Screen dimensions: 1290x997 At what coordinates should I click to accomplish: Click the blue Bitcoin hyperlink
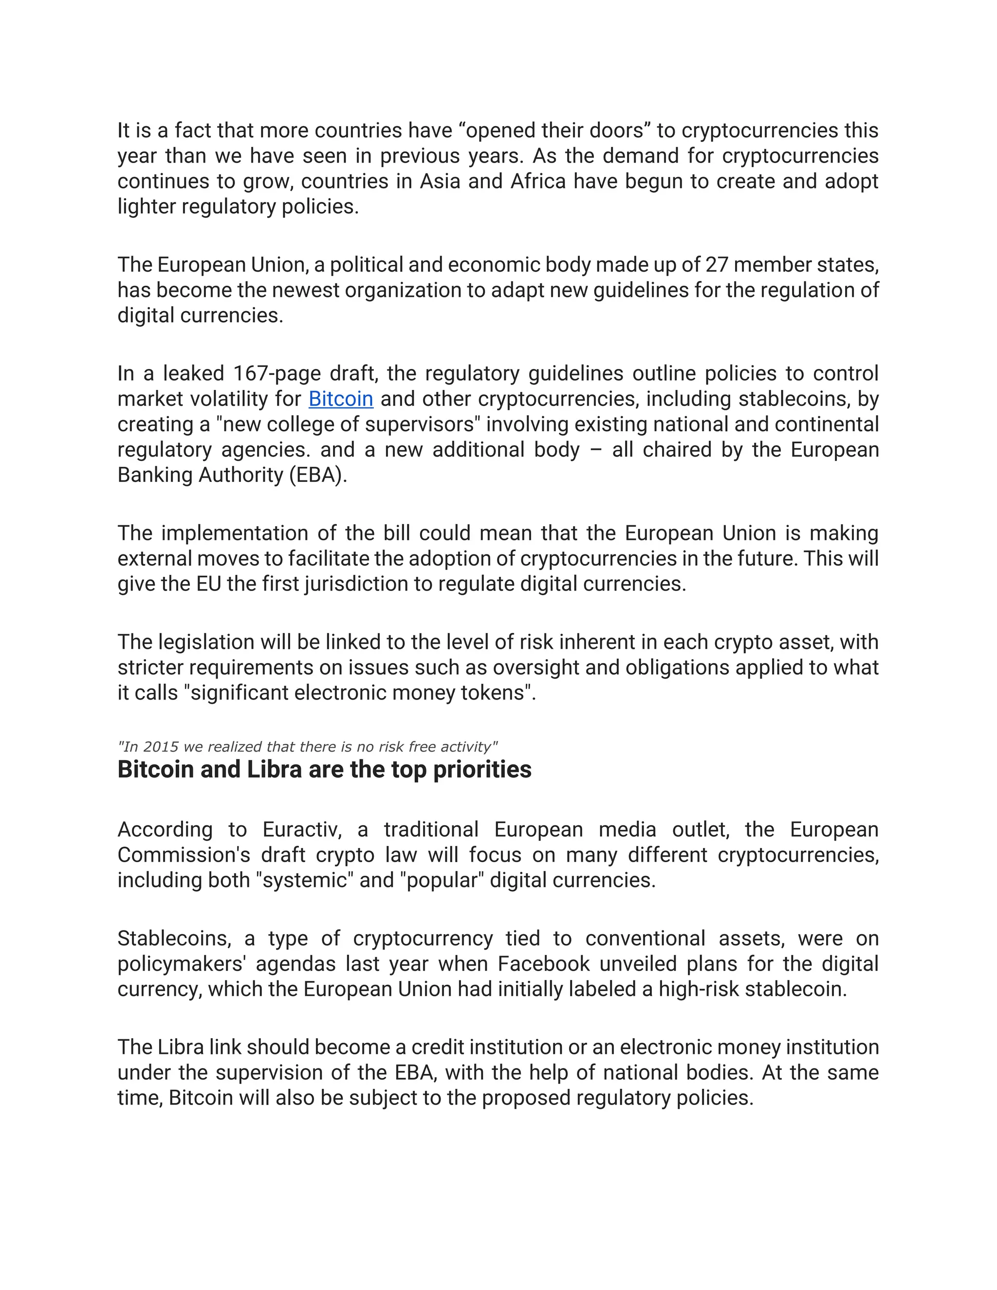pyautogui.click(x=341, y=399)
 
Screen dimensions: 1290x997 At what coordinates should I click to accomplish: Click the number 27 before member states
pyautogui.click(x=717, y=265)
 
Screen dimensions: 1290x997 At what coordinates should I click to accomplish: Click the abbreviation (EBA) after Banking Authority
pyautogui.click(x=318, y=476)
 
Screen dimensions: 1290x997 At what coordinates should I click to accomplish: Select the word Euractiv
pyautogui.click(x=302, y=830)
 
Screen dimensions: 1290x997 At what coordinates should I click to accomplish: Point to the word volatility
pyautogui.click(x=228, y=399)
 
